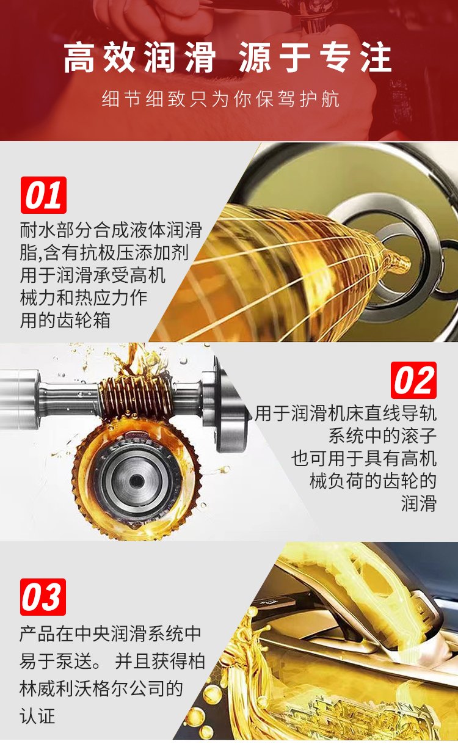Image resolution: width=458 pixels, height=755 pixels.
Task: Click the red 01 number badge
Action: [x=43, y=195]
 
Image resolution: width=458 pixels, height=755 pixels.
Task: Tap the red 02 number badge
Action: [x=413, y=380]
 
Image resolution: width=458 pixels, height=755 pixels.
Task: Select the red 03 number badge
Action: [x=43, y=597]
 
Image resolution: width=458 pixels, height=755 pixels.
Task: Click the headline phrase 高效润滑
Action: [x=139, y=57]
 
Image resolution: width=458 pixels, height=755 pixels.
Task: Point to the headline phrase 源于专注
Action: [x=315, y=57]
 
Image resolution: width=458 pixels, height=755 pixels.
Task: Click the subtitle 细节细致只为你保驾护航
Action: [x=220, y=99]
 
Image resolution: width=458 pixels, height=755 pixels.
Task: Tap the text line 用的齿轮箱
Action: [x=65, y=320]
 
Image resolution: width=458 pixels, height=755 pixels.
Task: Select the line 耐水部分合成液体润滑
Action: [x=111, y=230]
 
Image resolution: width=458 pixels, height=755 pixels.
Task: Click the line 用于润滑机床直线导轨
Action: [x=346, y=414]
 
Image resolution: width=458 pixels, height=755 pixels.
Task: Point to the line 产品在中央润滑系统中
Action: [x=110, y=634]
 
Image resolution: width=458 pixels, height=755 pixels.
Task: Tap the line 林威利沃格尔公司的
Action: [x=101, y=688]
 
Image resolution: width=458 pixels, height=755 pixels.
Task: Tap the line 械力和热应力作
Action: [x=84, y=297]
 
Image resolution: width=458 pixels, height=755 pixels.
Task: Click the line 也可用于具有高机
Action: [x=364, y=458]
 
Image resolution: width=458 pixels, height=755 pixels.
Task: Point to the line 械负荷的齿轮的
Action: [x=373, y=481]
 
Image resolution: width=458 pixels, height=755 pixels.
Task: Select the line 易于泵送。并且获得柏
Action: [x=112, y=662]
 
